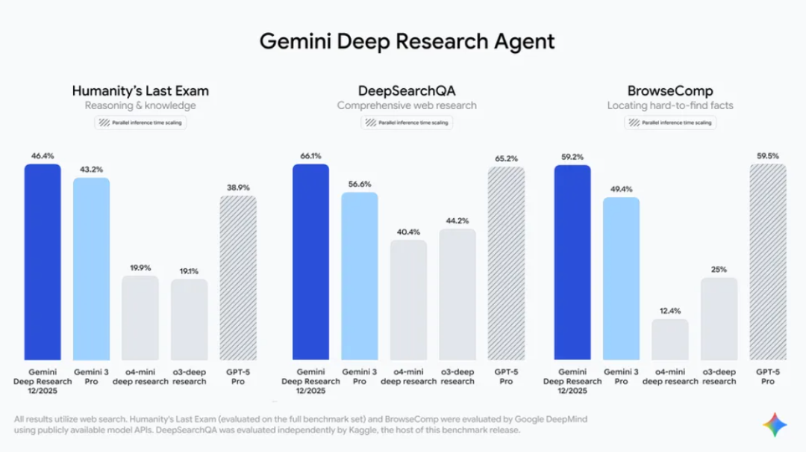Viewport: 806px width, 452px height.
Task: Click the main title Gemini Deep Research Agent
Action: coord(407,40)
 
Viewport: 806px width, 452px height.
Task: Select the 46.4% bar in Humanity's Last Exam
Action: coord(43,261)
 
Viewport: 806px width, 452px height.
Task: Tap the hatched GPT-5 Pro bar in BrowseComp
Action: coord(767,261)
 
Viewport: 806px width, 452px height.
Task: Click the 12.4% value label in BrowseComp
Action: coord(669,311)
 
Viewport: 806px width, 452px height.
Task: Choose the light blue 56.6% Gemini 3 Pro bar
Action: coord(360,276)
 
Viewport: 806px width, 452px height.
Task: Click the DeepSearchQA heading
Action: coord(406,91)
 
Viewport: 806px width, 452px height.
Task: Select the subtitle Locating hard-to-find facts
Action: coord(670,105)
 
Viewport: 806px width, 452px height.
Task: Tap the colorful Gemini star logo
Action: coord(775,424)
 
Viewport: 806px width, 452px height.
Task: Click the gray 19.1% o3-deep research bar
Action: coord(189,320)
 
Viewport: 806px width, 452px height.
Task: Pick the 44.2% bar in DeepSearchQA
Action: coord(457,294)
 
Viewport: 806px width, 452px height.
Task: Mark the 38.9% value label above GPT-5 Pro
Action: coord(237,188)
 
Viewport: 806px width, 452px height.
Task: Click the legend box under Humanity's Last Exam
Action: coord(140,123)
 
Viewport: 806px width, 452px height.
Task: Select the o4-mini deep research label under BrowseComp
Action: coord(670,377)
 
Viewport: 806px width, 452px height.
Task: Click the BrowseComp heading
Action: coord(670,91)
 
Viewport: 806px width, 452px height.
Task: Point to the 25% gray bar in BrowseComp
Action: coord(719,319)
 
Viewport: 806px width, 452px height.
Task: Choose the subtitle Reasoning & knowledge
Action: coord(140,105)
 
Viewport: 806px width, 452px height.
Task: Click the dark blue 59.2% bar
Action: coord(572,261)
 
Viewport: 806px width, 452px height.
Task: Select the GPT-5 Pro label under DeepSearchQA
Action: coord(506,377)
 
